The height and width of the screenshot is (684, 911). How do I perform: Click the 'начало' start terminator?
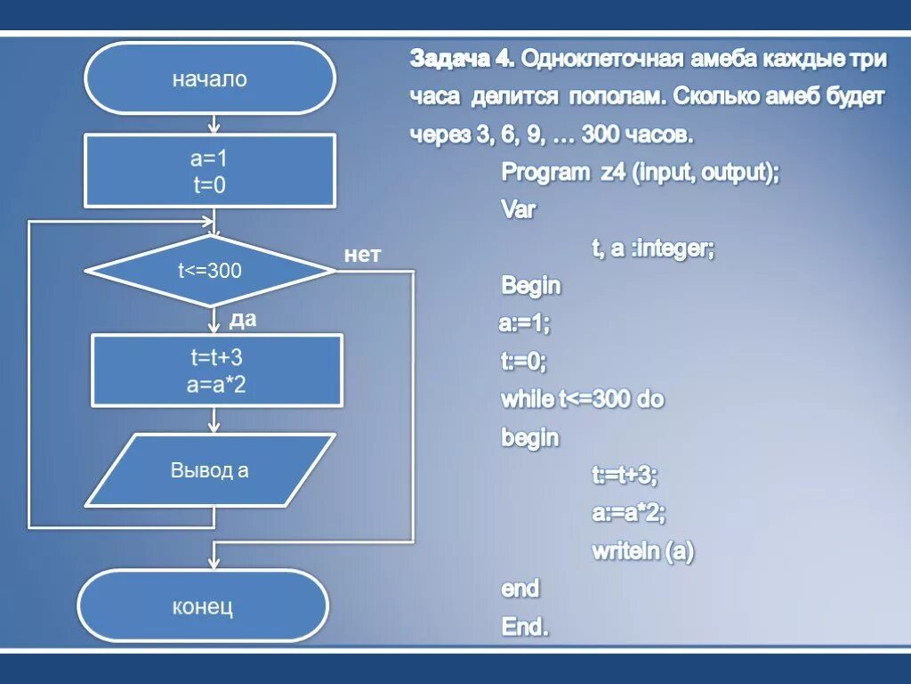tap(210, 79)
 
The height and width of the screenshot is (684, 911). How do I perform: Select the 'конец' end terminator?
tap(203, 607)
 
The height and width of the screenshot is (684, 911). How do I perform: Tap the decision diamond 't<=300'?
tap(210, 271)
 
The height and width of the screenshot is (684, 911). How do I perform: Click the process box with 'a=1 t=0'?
tap(210, 171)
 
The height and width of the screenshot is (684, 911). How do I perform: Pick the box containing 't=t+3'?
tap(217, 370)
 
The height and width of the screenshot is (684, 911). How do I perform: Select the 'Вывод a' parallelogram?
tap(210, 470)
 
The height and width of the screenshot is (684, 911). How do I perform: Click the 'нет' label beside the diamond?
tap(362, 256)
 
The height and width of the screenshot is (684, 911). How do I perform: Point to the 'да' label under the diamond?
tap(243, 319)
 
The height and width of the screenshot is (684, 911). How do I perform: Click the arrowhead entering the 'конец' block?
tap(214, 561)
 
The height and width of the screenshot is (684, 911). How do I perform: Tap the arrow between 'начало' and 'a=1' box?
tap(214, 123)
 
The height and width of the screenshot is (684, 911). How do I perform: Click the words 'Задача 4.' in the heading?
tap(462, 60)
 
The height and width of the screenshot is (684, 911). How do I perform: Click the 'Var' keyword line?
tap(519, 210)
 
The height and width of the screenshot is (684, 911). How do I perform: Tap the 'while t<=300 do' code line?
tap(583, 399)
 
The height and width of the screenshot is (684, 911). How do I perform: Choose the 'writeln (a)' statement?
tap(642, 551)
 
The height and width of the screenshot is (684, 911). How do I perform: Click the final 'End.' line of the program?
tap(525, 627)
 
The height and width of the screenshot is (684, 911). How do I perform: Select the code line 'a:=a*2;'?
tap(629, 513)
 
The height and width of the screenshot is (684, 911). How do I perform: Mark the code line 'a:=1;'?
tap(524, 324)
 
